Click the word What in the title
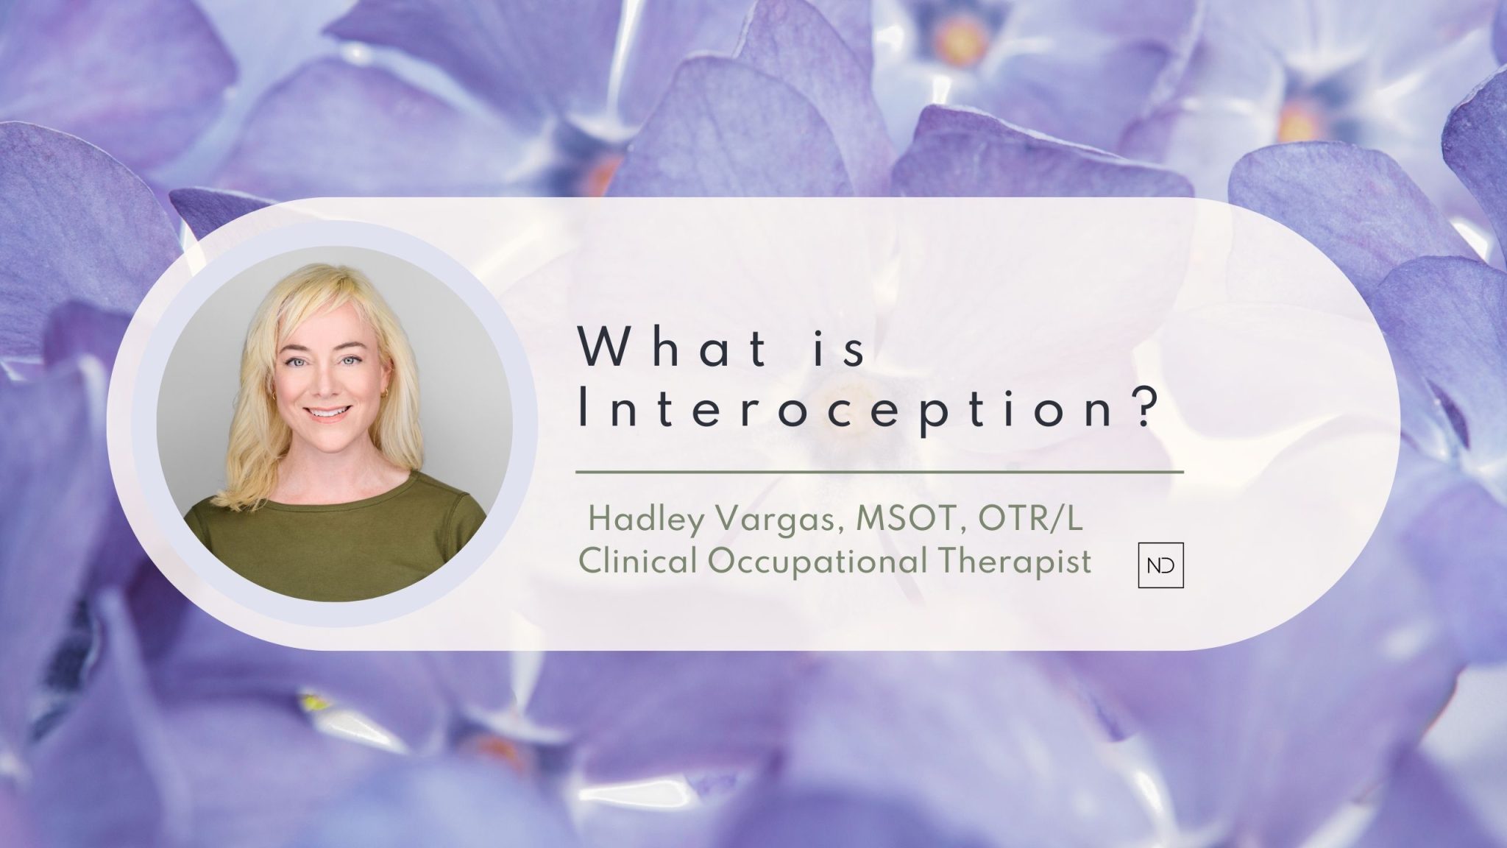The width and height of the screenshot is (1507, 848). tap(674, 347)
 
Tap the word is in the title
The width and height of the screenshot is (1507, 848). tap(844, 347)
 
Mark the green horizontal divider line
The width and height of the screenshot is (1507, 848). tap(879, 471)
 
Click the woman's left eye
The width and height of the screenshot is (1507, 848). tap(352, 362)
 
